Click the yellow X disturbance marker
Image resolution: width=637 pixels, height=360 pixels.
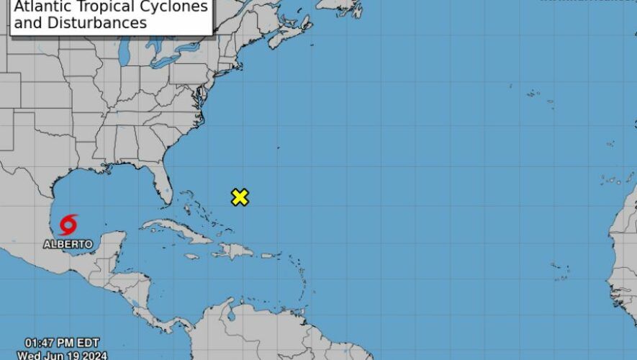click(240, 197)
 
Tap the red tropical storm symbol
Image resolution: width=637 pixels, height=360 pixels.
click(68, 225)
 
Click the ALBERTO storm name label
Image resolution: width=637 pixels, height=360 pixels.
click(68, 245)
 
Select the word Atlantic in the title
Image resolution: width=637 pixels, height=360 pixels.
click(41, 8)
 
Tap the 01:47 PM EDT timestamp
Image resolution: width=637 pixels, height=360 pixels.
click(62, 343)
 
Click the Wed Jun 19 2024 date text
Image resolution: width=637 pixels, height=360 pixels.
click(62, 356)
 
